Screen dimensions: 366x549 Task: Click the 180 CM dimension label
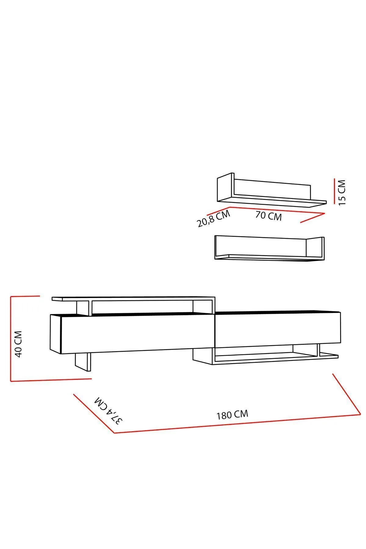pyautogui.click(x=232, y=414)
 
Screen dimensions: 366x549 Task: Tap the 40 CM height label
pyautogui.click(x=19, y=344)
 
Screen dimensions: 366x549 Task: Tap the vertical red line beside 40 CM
pyautogui.click(x=11, y=339)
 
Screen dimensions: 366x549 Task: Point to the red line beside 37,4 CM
pyautogui.click(x=94, y=413)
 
